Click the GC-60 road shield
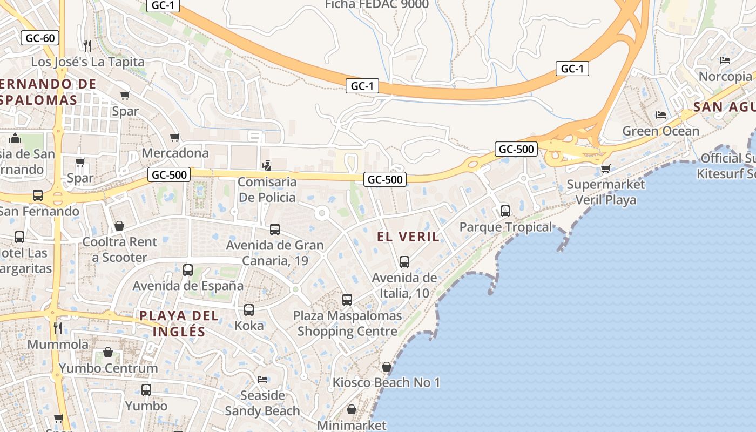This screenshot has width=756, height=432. [x=40, y=38]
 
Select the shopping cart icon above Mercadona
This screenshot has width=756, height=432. [x=174, y=138]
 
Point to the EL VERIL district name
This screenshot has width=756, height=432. [x=408, y=237]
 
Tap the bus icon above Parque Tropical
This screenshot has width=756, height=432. [x=505, y=211]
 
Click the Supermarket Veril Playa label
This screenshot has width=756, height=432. [x=605, y=192]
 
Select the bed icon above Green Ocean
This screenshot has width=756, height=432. [x=660, y=114]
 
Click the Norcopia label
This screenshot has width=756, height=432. [x=725, y=76]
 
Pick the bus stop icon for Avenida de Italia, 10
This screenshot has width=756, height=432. [x=404, y=262]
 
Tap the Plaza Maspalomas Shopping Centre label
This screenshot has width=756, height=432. [x=347, y=323]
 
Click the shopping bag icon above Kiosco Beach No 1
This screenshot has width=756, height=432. [x=386, y=367]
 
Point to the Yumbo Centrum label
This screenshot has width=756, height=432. [x=108, y=368]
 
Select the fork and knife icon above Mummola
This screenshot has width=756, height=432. [x=57, y=328]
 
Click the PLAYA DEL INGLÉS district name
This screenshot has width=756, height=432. [x=179, y=323]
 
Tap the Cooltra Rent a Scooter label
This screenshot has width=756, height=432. [x=119, y=249]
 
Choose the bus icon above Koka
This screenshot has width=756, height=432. [x=249, y=310]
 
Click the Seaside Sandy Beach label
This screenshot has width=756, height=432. [x=262, y=403]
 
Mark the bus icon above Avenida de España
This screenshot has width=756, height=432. [x=188, y=270]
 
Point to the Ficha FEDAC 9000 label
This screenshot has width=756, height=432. [x=376, y=5]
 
